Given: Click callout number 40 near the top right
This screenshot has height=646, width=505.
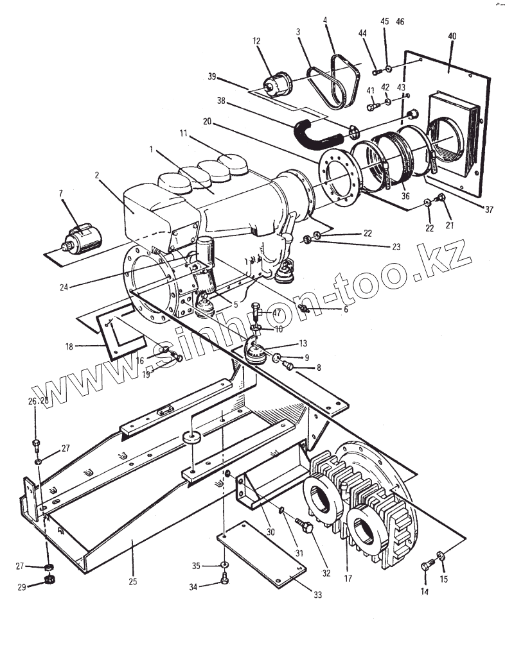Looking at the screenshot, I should click(452, 37).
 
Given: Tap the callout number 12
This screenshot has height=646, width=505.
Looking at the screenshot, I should click(256, 40).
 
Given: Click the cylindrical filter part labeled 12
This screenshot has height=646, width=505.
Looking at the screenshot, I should click(278, 85).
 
